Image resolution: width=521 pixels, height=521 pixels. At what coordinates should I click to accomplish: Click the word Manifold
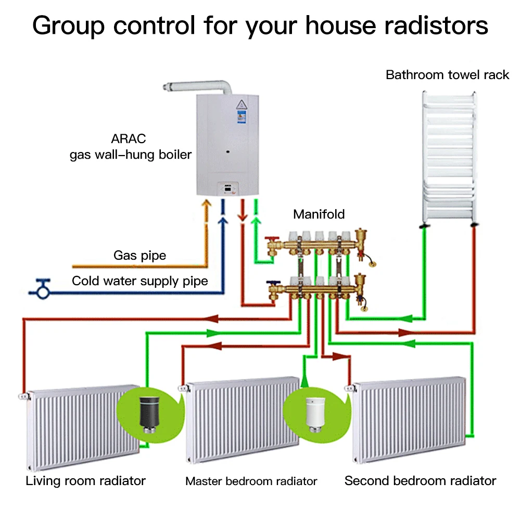click(x=319, y=214)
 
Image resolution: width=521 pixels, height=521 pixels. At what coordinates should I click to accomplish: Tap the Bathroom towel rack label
click(x=447, y=75)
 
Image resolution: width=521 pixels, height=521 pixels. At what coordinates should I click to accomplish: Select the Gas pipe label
click(x=139, y=256)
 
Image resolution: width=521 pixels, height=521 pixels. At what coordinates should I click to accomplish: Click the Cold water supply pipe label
click(x=139, y=282)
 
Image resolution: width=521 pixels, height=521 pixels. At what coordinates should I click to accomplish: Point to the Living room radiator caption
click(x=85, y=480)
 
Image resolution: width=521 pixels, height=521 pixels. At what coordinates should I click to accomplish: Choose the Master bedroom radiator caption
click(x=251, y=481)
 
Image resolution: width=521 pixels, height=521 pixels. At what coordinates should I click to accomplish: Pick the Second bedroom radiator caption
click(x=420, y=480)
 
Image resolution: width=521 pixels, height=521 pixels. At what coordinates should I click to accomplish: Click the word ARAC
click(x=129, y=139)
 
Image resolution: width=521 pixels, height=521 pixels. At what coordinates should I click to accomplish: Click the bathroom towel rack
click(x=448, y=156)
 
